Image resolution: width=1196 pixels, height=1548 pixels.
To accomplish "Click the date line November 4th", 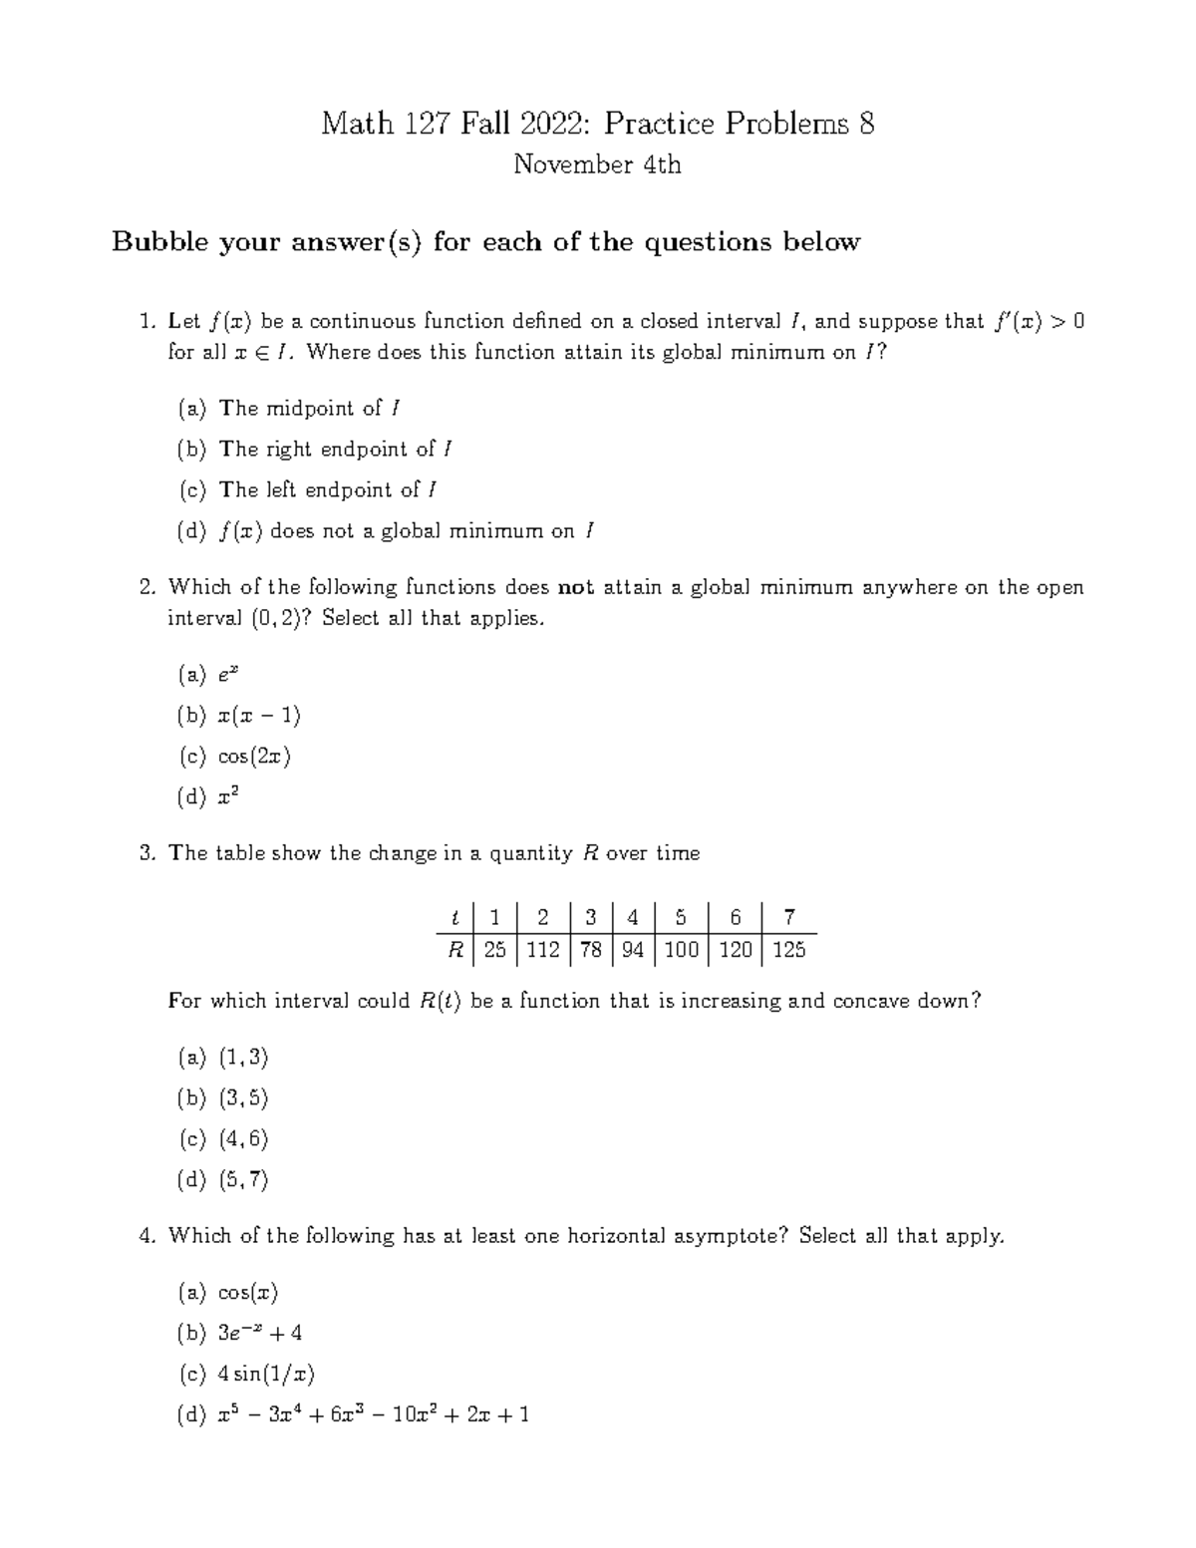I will (597, 164).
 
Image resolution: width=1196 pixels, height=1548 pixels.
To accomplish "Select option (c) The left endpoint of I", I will (308, 490).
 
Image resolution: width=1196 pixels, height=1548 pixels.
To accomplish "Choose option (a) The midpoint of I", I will (290, 409).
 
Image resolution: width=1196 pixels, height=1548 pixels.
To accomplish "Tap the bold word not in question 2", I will (576, 587).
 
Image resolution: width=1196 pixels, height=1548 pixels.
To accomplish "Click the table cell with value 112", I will (542, 950).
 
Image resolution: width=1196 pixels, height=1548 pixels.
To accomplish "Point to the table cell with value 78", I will (591, 950).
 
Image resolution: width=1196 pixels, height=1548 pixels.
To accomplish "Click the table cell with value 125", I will (788, 950).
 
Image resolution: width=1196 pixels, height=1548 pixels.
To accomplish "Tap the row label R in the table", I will (455, 950).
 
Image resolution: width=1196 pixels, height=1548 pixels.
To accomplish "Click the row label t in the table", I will (455, 917).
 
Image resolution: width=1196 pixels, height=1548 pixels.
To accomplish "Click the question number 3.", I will (148, 853).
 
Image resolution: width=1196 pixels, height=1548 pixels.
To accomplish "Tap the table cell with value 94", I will (632, 950).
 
